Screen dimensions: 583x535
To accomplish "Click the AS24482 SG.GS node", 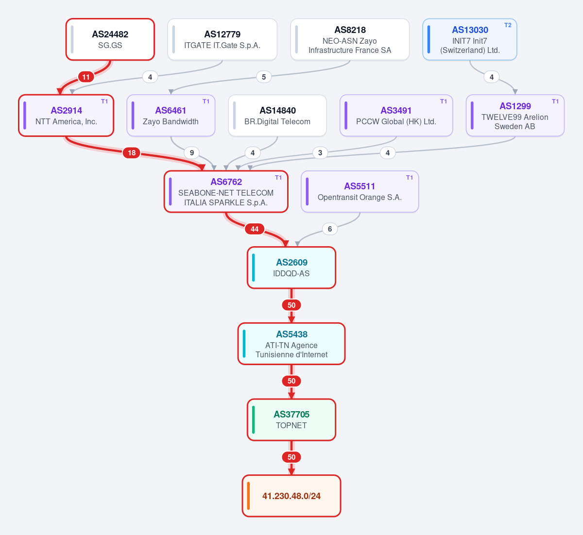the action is coord(110,39).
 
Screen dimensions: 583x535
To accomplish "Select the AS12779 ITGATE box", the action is coord(223,39).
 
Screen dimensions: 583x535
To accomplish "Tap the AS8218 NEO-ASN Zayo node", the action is coord(350,39).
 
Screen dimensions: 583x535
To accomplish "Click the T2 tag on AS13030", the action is coord(508,25).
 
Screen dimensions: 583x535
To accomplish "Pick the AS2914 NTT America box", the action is coord(66,116).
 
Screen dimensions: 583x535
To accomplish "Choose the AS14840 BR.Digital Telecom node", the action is coord(277,116).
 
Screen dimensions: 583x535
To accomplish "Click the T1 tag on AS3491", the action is coord(444,101).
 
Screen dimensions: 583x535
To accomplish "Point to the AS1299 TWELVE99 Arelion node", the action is coord(515,116).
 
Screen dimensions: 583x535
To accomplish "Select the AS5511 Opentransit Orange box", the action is coord(360,191).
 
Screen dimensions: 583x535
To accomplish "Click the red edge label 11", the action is coord(86,77).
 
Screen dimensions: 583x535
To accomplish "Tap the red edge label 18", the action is coord(132,153).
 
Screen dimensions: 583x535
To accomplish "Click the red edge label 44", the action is coord(255,229).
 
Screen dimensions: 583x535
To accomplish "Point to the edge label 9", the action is coord(192,153).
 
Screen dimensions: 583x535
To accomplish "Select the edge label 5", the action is coord(264,77).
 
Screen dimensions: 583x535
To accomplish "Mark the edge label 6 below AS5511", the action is coord(330,229).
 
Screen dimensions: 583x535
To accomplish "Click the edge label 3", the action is coord(320,153).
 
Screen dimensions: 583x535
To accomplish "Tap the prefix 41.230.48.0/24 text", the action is coord(291,496).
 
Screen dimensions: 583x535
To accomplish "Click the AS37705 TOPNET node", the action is coord(291,419).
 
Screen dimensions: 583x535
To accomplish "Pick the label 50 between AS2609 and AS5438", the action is coord(291,305).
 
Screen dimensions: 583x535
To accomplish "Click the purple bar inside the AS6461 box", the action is coord(133,116).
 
